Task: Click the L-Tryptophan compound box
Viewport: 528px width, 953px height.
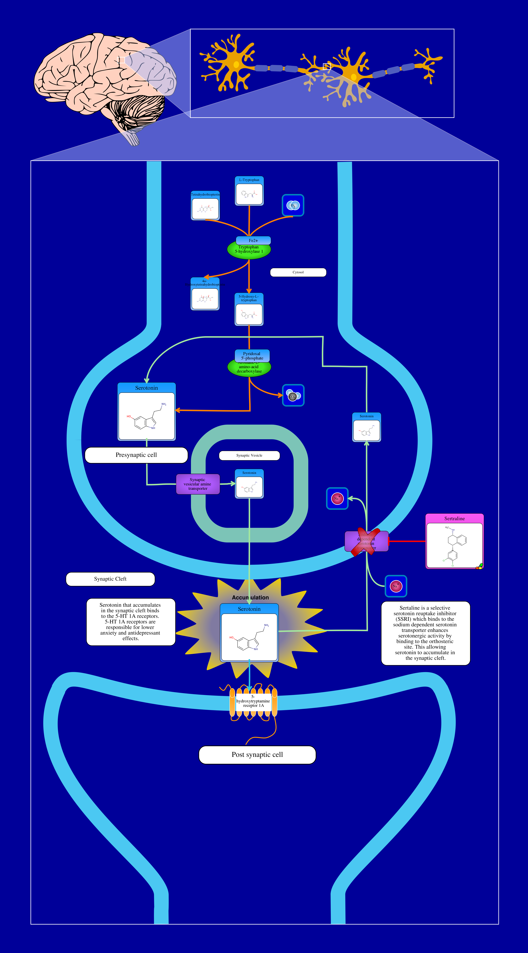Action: [249, 191]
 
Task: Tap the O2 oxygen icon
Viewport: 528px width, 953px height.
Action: [293, 205]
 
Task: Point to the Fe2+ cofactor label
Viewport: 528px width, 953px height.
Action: [253, 240]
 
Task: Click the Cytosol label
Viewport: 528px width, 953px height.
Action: [298, 272]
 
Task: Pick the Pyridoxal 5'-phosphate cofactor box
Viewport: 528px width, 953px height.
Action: [252, 356]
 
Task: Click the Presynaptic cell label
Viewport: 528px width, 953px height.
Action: [136, 455]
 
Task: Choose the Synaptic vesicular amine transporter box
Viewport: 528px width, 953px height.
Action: [198, 484]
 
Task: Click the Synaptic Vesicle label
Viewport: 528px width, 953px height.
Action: [249, 455]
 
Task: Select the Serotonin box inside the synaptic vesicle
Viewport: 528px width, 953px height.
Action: [249, 484]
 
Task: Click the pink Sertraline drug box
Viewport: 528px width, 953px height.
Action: [454, 541]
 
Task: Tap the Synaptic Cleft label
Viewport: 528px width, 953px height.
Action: [110, 579]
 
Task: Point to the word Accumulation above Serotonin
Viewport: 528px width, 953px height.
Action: [250, 597]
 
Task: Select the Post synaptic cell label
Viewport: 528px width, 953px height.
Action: [257, 755]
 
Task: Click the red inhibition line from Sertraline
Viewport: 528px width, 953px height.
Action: [407, 541]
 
